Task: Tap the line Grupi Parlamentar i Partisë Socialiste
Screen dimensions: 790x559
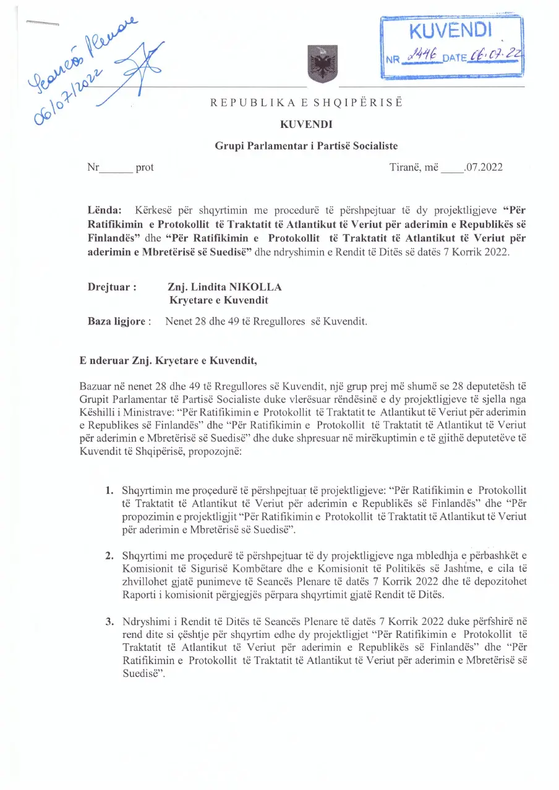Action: click(306, 146)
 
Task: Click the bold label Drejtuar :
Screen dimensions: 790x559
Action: click(113, 287)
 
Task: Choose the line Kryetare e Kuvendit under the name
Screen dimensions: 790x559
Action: click(219, 301)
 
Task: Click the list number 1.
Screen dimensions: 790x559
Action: click(109, 491)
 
